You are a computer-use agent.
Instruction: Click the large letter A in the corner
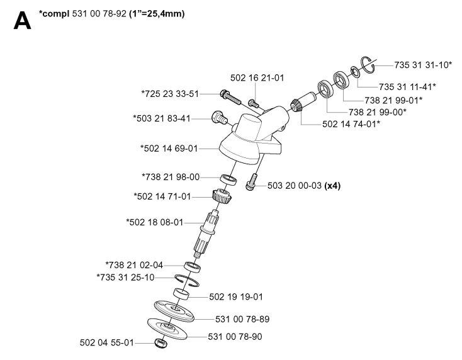[x=22, y=20]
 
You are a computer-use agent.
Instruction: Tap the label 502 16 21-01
[x=257, y=78]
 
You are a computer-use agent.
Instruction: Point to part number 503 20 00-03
[x=295, y=186]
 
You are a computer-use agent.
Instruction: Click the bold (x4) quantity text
[x=332, y=186]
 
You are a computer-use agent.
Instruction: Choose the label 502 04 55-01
[x=106, y=342]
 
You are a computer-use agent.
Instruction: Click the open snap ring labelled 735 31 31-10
[x=369, y=65]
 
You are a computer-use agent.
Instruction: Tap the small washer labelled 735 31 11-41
[x=355, y=72]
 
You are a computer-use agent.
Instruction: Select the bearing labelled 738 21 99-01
[x=341, y=79]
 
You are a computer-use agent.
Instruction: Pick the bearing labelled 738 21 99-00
[x=325, y=88]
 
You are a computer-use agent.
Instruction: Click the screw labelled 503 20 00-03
[x=251, y=182]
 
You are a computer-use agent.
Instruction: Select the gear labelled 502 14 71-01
[x=222, y=196]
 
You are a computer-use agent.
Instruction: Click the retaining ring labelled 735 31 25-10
[x=187, y=280]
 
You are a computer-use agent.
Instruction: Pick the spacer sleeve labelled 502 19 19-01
[x=181, y=294]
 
